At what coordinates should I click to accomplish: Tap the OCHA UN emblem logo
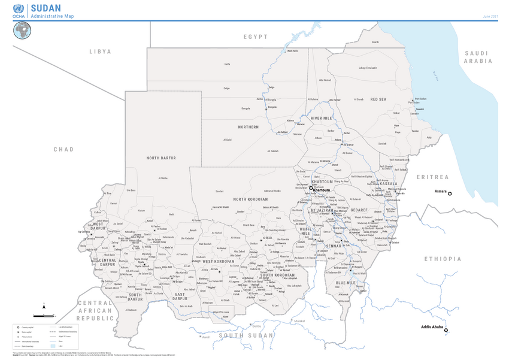(17, 10)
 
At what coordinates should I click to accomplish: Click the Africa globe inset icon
(22, 30)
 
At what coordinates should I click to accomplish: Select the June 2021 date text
(490, 16)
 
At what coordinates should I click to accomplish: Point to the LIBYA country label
(100, 52)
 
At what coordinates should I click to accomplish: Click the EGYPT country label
(256, 37)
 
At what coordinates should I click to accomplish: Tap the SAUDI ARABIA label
(478, 57)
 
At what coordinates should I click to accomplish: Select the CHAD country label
(63, 149)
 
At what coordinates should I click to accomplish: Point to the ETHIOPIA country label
(444, 259)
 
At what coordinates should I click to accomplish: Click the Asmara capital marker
(450, 193)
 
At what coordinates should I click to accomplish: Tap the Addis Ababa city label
(431, 327)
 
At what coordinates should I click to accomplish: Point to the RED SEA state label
(378, 99)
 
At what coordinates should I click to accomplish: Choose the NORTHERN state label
(249, 127)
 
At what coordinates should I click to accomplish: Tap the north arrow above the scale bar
(45, 306)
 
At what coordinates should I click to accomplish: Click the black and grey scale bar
(44, 315)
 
